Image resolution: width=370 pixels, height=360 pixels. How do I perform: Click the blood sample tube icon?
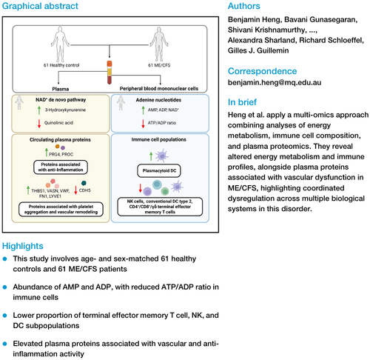pyautogui.click(x=110, y=73)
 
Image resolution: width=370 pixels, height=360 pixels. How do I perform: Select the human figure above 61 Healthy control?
pyautogui.click(x=60, y=44)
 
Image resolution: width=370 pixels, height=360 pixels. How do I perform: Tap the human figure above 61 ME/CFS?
pyautogui.click(x=159, y=44)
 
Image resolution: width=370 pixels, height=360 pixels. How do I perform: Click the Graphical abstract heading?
pyautogui.click(x=40, y=6)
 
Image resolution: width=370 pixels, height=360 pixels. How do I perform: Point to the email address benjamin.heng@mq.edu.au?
pyautogui.click(x=275, y=82)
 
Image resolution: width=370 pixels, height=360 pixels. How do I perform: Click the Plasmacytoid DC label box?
pyautogui.click(x=159, y=170)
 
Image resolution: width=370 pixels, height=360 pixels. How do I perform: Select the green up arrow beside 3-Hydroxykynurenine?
pyautogui.click(x=39, y=110)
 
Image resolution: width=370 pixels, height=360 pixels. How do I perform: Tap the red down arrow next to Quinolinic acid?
pyautogui.click(x=39, y=124)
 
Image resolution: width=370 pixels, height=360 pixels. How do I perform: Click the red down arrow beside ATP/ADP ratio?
pyautogui.click(x=143, y=124)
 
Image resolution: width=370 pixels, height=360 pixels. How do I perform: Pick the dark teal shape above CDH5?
pyautogui.click(x=84, y=183)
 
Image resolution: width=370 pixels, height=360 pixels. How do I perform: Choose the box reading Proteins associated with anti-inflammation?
pyautogui.click(x=61, y=167)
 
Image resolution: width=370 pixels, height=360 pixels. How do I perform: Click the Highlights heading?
pyautogui.click(x=23, y=246)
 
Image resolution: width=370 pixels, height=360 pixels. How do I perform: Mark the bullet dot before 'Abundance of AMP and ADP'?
pyautogui.click(x=4, y=287)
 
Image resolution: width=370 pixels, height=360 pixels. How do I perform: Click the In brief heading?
pyautogui.click(x=242, y=102)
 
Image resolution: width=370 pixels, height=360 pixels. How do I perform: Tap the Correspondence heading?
pyautogui.click(x=262, y=71)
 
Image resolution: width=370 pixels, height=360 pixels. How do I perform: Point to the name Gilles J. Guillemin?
pyautogui.click(x=258, y=50)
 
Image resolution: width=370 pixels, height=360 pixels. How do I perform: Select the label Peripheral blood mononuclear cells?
pyautogui.click(x=159, y=89)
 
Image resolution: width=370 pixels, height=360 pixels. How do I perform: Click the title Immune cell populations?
pyautogui.click(x=158, y=139)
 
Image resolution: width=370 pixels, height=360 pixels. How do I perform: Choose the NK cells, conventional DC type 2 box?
pyautogui.click(x=160, y=207)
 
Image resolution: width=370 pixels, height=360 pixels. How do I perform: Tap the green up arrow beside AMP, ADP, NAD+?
pyautogui.click(x=143, y=110)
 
